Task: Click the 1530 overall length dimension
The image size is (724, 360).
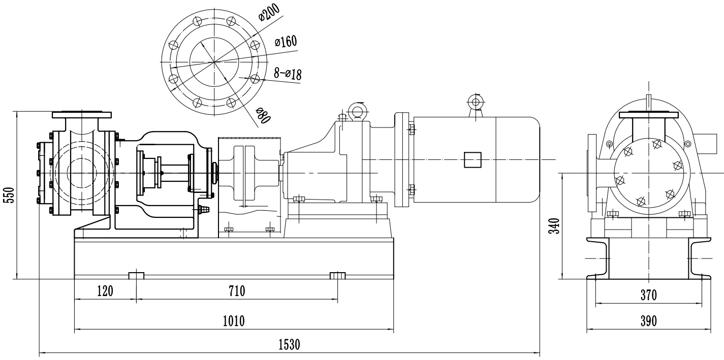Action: [x=289, y=345]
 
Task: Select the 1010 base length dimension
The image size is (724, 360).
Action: [x=234, y=321]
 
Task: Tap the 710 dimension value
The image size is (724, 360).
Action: [x=237, y=291]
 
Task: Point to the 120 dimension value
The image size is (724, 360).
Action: [x=105, y=291]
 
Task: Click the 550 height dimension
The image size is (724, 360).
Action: [x=9, y=195]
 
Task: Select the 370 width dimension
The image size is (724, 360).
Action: [x=648, y=294]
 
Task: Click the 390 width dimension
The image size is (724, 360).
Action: [x=648, y=321]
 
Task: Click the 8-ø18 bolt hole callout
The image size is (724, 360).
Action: [x=288, y=74]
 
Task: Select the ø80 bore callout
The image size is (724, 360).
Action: [x=263, y=116]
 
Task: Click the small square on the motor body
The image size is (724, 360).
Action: [x=471, y=160]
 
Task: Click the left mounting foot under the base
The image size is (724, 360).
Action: [x=136, y=275]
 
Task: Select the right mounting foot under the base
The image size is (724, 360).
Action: [x=338, y=275]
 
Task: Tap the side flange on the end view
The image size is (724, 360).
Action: [x=592, y=173]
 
